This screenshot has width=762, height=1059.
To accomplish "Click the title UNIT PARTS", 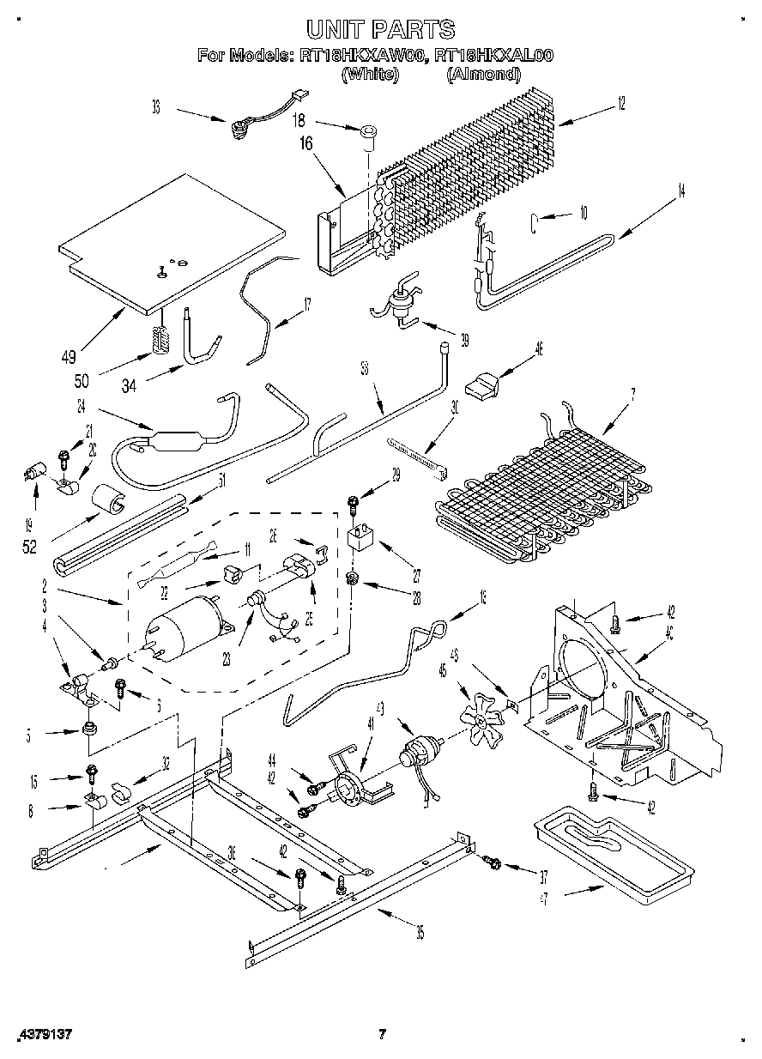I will pyautogui.click(x=380, y=31).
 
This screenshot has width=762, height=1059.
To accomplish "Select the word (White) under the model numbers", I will pyautogui.click(x=370, y=75).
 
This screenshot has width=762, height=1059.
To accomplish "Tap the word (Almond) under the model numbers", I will pyautogui.click(x=483, y=75).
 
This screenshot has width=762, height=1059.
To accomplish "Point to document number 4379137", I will pyautogui.click(x=43, y=1034).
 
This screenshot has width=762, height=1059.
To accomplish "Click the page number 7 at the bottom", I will pyautogui.click(x=384, y=1034).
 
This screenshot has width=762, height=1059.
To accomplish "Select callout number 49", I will pyautogui.click(x=68, y=357).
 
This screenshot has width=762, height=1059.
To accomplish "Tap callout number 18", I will pyautogui.click(x=299, y=121).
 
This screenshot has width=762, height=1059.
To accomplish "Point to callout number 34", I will pyautogui.click(x=129, y=386).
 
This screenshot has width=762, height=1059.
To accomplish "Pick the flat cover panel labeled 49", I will pyautogui.click(x=172, y=240).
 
